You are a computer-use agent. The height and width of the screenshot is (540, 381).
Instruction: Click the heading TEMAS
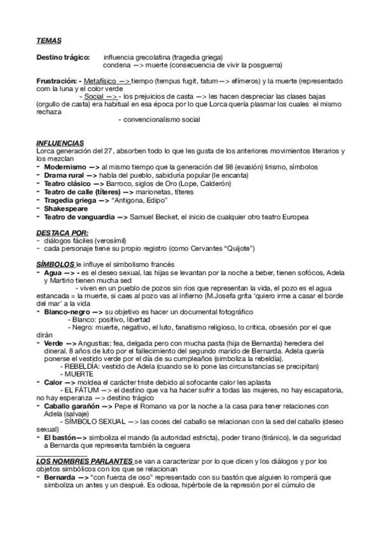48,41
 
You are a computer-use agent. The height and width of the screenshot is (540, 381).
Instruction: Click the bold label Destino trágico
63,57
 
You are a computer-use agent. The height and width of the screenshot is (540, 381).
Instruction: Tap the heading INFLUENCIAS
61,142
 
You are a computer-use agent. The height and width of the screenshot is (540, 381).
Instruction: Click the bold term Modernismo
64,166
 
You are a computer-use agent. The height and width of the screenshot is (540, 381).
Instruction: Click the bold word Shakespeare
66,208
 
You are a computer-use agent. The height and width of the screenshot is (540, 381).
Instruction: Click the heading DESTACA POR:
62,233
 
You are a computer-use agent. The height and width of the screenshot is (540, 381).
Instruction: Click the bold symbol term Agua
53,272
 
